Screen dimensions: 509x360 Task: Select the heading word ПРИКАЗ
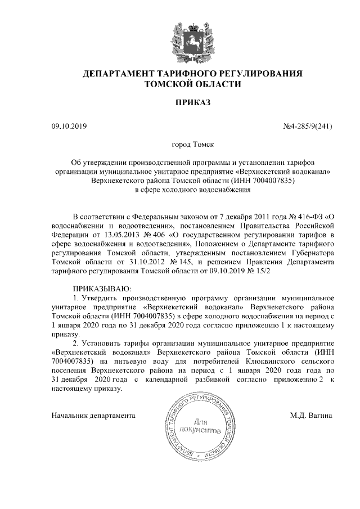pyautogui.click(x=193, y=103)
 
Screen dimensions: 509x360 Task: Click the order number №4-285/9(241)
pyautogui.click(x=307, y=126)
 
